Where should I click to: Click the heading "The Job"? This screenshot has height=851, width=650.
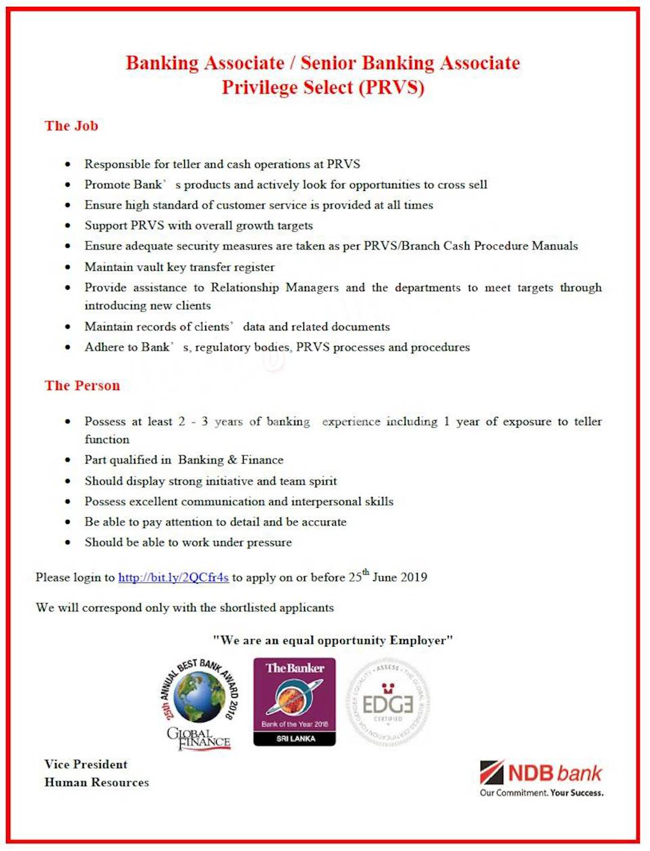pos(71,126)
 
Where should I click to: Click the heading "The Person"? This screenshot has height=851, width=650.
pos(82,386)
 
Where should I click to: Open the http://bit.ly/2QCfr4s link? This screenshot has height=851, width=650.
pos(173,577)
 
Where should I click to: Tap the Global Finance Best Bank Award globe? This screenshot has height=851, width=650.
pos(199,697)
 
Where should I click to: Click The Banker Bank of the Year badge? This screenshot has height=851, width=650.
pos(295,701)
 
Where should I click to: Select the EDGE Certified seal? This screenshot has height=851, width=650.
pos(388,703)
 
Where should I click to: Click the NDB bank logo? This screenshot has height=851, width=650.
pos(541,773)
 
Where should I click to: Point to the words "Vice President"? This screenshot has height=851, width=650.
pos(86,764)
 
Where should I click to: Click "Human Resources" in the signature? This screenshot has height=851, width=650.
pos(97,783)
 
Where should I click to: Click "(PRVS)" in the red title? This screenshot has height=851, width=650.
pos(392,87)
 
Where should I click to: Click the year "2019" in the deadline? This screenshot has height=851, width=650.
pos(413,577)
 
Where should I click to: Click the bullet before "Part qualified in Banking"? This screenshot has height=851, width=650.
pos(68,460)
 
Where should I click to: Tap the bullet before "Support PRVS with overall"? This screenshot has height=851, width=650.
pos(68,225)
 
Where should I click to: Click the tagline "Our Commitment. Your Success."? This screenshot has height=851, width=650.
pos(542,793)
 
